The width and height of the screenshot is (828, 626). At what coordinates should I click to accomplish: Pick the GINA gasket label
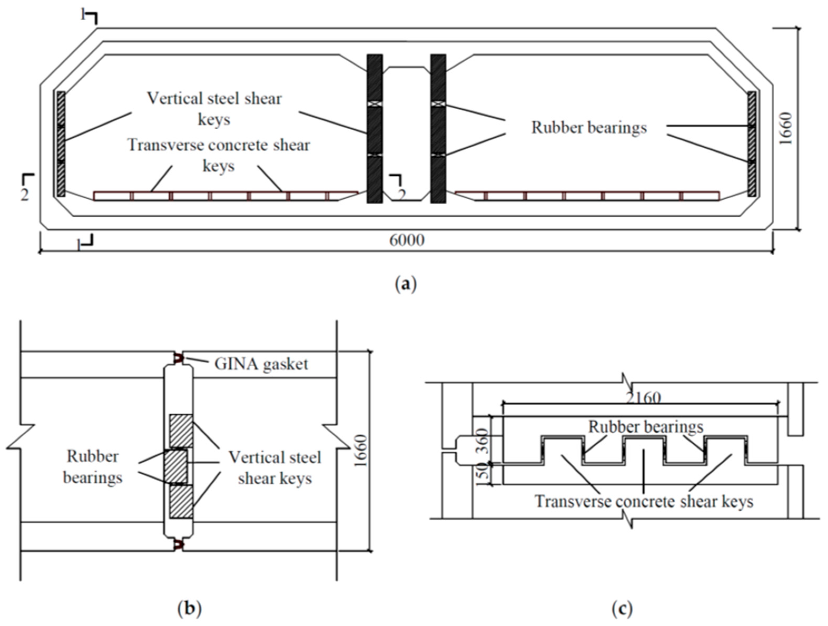[x=261, y=364]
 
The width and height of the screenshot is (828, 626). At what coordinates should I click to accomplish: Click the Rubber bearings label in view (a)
[x=589, y=128]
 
